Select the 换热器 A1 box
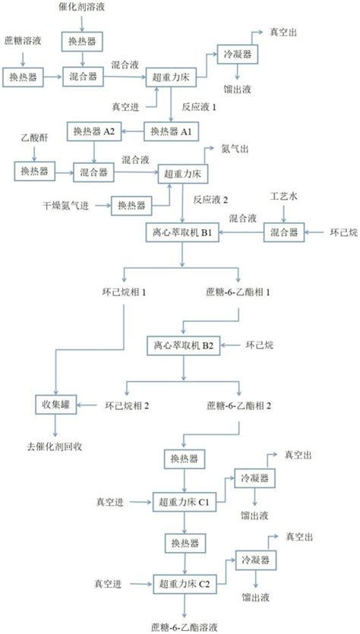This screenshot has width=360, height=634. pyautogui.click(x=170, y=131)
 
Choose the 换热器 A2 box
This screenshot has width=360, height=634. pyautogui.click(x=93, y=131)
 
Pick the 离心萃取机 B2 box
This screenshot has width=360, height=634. pyautogui.click(x=182, y=346)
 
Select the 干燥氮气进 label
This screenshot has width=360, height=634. pyautogui.click(x=65, y=205)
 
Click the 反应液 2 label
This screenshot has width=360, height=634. pyautogui.click(x=212, y=200)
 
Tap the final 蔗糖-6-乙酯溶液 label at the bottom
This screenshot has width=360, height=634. pyautogui.click(x=185, y=627)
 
